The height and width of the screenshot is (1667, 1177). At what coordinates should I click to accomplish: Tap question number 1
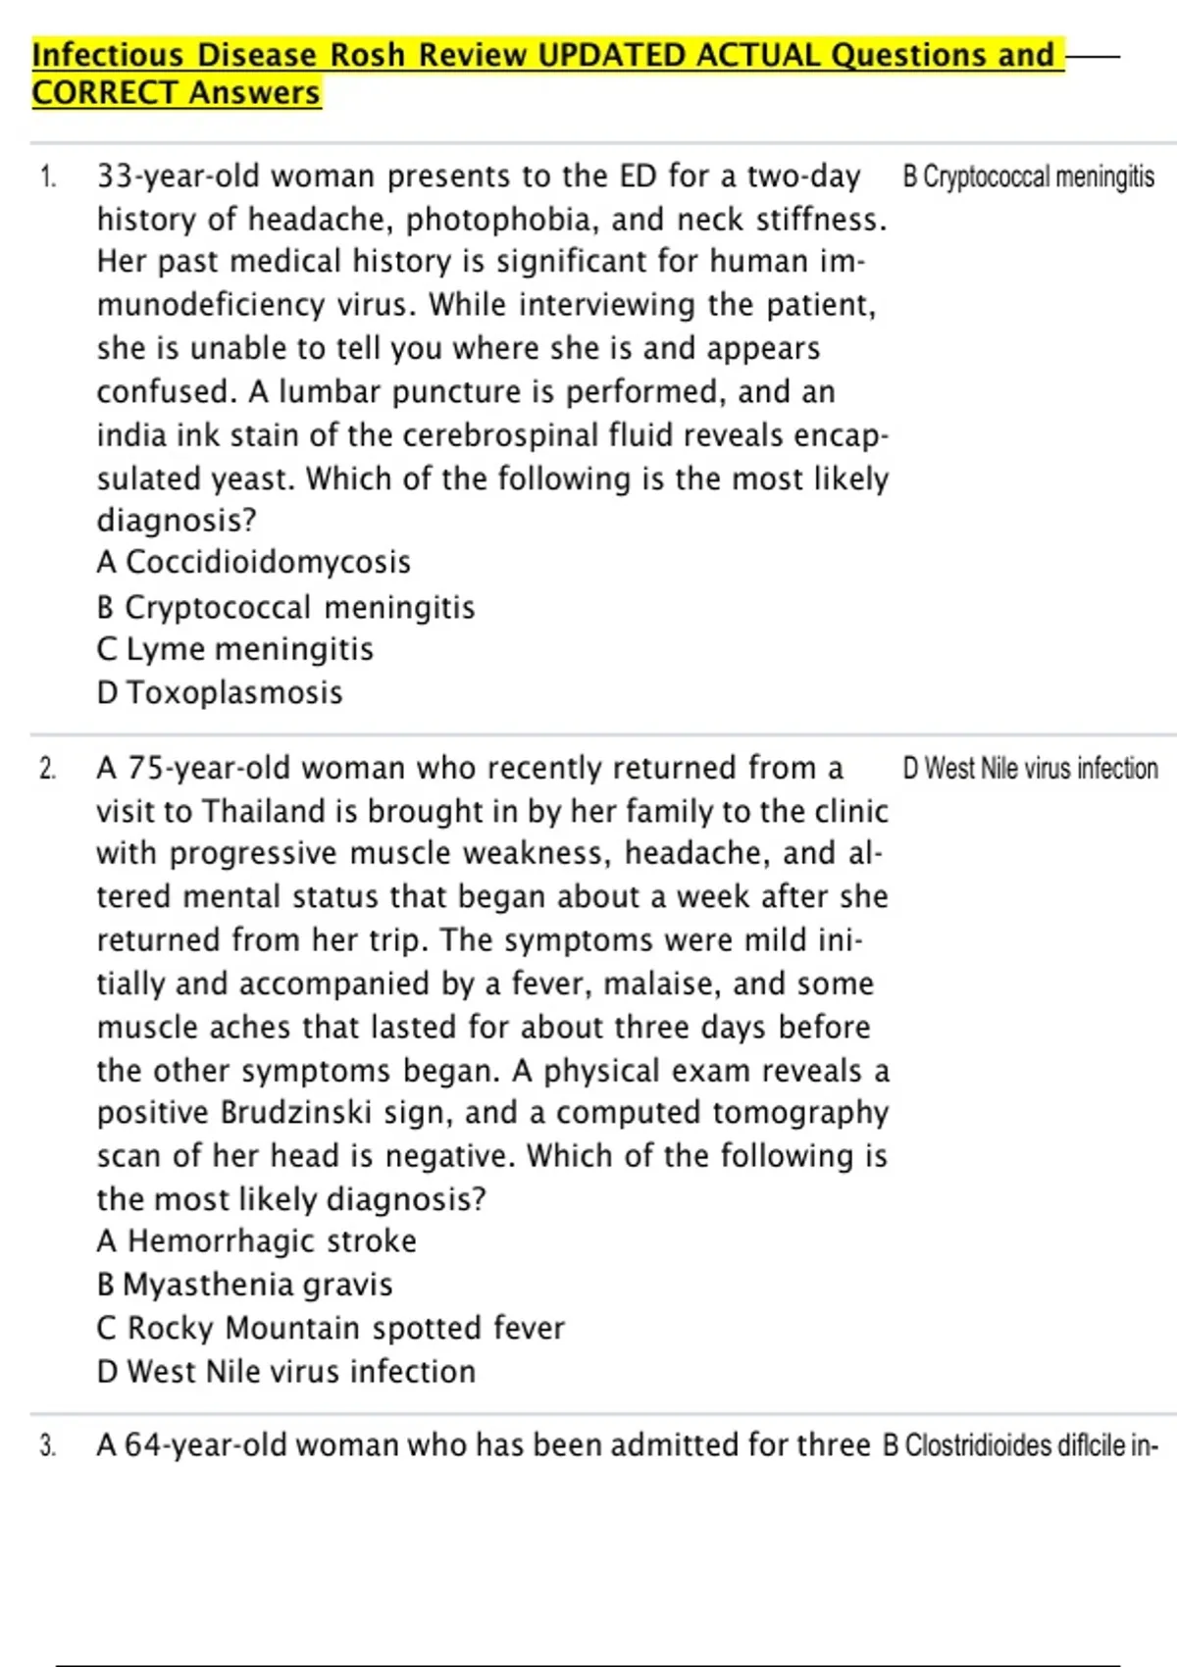pos(48,177)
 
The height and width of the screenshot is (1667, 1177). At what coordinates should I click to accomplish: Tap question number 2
pos(48,769)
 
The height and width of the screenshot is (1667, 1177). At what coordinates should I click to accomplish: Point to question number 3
pos(48,1446)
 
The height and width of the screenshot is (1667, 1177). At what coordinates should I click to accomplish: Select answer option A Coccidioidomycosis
pos(253,562)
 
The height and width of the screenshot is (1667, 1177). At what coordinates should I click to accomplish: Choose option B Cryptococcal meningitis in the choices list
pos(285,607)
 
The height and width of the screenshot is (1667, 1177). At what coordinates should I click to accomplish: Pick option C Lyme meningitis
pos(235,649)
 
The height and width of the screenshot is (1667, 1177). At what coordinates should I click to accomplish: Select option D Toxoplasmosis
pos(220,692)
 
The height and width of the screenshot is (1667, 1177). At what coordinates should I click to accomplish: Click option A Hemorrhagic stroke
pos(256,1241)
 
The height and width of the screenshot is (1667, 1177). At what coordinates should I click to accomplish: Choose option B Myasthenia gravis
pos(244,1285)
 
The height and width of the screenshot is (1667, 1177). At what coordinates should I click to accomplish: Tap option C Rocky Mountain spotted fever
pos(331,1328)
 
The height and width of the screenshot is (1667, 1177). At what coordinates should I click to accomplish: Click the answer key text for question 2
pos(1030,768)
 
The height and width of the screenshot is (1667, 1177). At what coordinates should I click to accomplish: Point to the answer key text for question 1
pos(1028,177)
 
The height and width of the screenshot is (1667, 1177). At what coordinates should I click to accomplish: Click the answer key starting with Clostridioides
pos(1020,1446)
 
